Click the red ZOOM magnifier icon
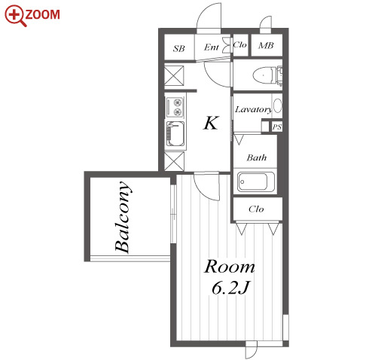16,16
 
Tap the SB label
178,48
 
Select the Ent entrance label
212,47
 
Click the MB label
266,45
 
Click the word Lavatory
254,109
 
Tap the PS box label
277,127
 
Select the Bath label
257,157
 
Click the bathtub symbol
256,182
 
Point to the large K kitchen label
211,123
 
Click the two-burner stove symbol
175,107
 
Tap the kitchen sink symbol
175,134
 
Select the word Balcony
123,217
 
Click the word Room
230,267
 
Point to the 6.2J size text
231,288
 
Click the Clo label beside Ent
240,45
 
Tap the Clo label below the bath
256,209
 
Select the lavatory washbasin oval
277,106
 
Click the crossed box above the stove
174,75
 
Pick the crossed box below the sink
174,161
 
